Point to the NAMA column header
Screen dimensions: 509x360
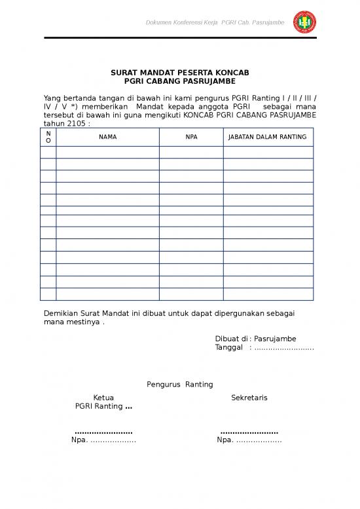[107, 137]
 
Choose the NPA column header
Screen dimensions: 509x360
[191, 137]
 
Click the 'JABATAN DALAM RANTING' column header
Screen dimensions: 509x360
[268, 137]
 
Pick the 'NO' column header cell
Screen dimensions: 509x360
[48, 137]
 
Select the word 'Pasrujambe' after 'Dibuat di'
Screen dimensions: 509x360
[275, 339]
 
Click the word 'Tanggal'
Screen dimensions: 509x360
[229, 347]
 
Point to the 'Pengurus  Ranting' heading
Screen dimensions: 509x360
[179, 384]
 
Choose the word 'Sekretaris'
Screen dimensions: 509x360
[249, 398]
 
